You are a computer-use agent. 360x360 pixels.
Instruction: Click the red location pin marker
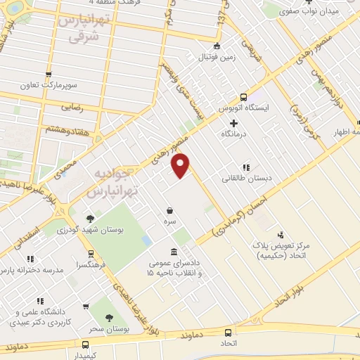coord(181,166)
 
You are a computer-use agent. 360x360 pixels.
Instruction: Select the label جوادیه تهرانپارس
coord(119,181)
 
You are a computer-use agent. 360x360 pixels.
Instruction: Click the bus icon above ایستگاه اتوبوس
coord(243,97)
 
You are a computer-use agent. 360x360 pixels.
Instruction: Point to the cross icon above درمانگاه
coord(233,123)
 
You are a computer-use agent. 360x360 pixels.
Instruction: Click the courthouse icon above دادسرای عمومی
coord(174,252)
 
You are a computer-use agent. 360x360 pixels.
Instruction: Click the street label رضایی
coord(75,108)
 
